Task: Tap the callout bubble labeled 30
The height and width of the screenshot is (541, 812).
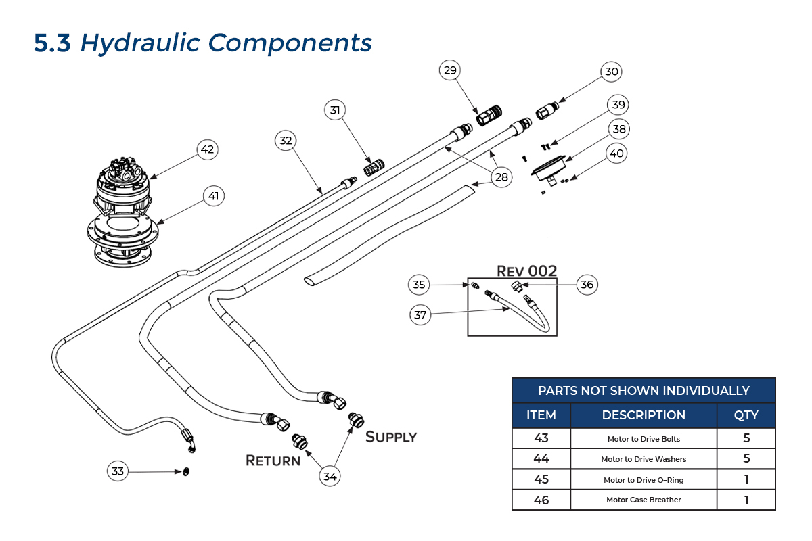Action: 612,72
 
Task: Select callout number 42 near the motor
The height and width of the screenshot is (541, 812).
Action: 207,149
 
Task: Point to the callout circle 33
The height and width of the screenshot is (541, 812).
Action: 118,471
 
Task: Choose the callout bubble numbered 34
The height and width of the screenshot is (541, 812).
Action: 330,476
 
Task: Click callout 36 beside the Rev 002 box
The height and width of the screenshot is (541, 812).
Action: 587,285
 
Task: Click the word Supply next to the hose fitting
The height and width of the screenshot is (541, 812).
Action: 390,437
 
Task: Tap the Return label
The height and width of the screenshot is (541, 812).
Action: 273,461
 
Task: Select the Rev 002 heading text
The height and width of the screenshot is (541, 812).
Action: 527,270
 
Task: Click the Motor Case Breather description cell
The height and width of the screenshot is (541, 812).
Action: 644,500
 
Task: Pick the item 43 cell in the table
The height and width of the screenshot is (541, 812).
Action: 541,438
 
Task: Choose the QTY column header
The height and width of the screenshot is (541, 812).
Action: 746,415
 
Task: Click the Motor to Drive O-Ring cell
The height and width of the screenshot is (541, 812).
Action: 644,479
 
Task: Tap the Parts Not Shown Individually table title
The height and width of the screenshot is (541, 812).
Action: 644,391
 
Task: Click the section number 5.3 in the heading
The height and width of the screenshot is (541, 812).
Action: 52,43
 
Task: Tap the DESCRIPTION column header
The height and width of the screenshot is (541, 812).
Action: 644,415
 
